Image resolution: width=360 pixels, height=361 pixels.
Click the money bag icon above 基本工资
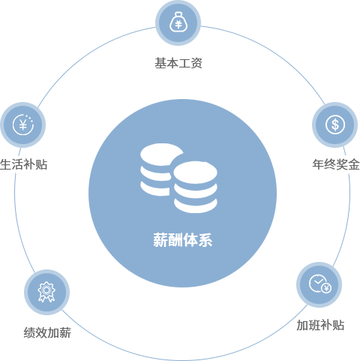[178, 23]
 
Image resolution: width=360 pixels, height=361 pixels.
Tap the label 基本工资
[178, 63]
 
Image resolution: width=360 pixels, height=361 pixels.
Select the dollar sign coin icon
[335, 125]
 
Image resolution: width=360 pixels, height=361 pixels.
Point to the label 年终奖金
[336, 164]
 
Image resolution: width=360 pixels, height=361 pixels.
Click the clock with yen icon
[320, 284]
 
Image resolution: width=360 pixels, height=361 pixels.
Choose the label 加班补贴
[320, 325]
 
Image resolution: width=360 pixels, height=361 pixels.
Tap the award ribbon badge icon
[46, 292]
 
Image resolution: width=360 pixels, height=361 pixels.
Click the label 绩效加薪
[47, 332]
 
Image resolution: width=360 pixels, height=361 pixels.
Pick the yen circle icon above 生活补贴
[23, 125]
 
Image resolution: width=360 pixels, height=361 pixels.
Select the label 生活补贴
[24, 164]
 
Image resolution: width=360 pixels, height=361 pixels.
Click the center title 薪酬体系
[183, 240]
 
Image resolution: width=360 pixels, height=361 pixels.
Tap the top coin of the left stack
[161, 154]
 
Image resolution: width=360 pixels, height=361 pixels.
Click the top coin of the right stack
[196, 173]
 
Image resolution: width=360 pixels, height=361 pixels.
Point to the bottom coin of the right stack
[196, 206]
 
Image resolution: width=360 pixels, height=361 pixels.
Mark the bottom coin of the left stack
[155, 189]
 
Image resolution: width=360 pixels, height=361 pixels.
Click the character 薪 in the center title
[160, 240]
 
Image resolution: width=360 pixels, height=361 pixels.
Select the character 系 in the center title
[205, 240]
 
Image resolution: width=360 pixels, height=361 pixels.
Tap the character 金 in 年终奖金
[354, 164]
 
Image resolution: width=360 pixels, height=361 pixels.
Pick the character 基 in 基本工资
[160, 63]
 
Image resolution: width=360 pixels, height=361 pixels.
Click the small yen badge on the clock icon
[326, 288]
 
